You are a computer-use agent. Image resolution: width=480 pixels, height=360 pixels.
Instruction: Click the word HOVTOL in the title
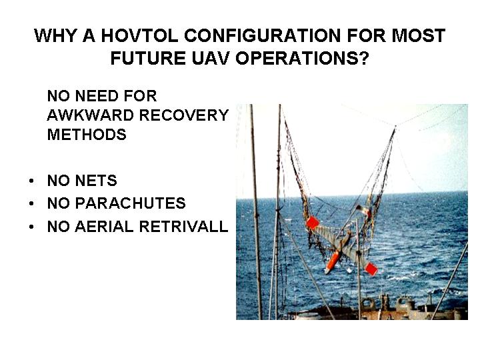tap(139, 35)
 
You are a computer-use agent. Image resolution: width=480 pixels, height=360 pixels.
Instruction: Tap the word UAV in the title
tap(210, 58)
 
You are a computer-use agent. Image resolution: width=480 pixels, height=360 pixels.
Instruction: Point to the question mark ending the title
tap(364, 58)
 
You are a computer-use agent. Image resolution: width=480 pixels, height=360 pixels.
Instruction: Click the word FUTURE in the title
tap(148, 58)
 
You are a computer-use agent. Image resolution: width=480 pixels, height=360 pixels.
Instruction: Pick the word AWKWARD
tap(90, 115)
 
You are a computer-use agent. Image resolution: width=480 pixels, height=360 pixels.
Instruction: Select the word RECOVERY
tap(184, 115)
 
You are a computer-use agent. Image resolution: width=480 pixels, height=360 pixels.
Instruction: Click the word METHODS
tap(87, 135)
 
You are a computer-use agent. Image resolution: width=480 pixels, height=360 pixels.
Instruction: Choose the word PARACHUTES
tap(131, 203)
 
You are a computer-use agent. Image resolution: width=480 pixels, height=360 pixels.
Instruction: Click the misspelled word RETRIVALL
tap(184, 227)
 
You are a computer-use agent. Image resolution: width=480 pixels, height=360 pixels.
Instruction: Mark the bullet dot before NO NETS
tap(31, 181)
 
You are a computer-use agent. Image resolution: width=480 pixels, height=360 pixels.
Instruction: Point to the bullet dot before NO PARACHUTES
tap(31, 203)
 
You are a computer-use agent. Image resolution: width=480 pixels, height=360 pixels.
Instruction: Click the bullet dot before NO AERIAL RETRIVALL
tap(31, 227)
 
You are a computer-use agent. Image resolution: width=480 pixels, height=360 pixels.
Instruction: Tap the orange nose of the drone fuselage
tap(331, 263)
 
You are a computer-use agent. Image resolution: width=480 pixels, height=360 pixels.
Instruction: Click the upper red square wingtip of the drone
tap(313, 223)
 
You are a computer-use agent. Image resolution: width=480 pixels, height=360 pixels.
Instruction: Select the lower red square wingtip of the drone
tap(371, 269)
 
